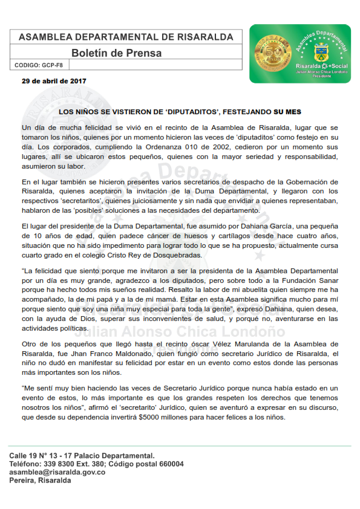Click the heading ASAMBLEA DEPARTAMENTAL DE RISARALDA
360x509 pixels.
pos(126,37)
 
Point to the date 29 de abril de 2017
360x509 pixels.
pos(54,80)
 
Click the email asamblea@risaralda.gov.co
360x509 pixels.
pos(57,472)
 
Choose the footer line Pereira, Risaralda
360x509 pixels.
pos(40,481)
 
